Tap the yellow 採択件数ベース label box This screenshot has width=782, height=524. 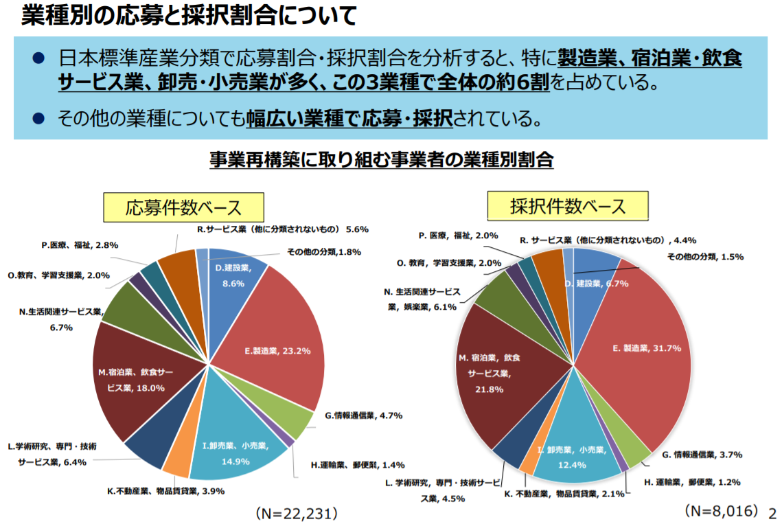[x=567, y=206]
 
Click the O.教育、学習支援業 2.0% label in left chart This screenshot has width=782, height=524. [x=59, y=275]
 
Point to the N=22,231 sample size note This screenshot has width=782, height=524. [x=296, y=513]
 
